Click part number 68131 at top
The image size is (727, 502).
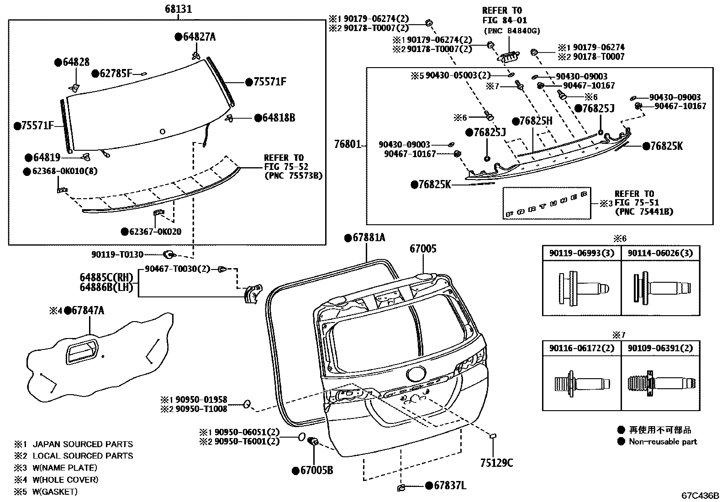(178, 9)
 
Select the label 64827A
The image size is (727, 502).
(199, 37)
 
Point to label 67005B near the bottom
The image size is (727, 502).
(316, 470)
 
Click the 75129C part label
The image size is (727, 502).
(496, 463)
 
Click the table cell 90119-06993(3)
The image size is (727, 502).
(581, 253)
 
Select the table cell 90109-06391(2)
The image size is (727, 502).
(660, 348)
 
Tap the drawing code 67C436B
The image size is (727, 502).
(700, 496)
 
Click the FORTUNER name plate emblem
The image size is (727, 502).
(547, 204)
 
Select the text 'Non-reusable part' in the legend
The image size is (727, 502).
(663, 441)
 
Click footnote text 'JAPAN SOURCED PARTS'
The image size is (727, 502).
(83, 444)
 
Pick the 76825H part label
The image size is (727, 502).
(536, 121)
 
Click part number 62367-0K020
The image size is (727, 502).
(155, 232)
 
